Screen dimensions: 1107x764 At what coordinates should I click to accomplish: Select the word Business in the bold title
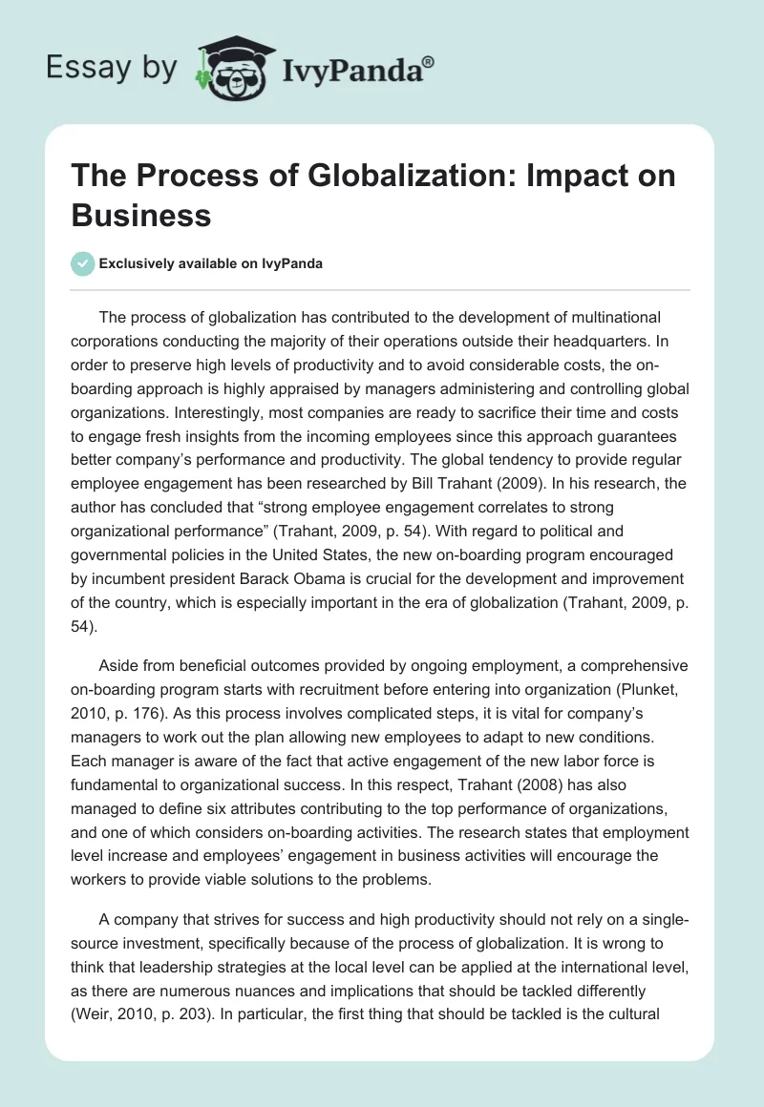tap(141, 215)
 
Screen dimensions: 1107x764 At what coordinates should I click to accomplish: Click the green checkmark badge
tap(83, 263)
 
